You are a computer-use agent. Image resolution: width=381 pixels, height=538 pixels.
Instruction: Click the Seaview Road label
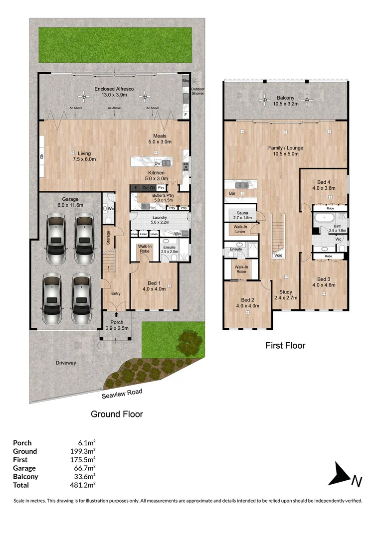[123, 394]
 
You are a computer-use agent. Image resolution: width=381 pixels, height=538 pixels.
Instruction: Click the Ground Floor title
[117, 414]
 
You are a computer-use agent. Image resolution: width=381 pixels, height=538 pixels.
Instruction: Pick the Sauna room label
[243, 213]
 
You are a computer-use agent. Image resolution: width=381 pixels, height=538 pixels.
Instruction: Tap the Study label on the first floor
[286, 292]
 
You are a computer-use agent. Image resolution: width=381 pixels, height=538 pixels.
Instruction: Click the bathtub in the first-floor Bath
[325, 218]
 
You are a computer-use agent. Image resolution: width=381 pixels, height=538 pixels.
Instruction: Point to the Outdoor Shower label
[198, 92]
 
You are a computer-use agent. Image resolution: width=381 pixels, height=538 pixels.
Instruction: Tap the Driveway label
[66, 363]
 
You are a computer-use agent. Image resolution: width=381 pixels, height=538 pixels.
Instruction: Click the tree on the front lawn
[189, 341]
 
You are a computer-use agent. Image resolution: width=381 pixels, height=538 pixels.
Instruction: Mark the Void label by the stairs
[278, 255]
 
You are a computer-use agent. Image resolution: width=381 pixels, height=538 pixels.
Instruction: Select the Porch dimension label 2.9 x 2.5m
[116, 328]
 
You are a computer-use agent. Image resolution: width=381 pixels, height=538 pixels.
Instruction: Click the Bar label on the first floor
[231, 193]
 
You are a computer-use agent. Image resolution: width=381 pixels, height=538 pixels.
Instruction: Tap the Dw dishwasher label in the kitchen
[157, 163]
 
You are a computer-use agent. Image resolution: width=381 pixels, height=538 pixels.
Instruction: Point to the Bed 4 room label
[324, 182]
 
